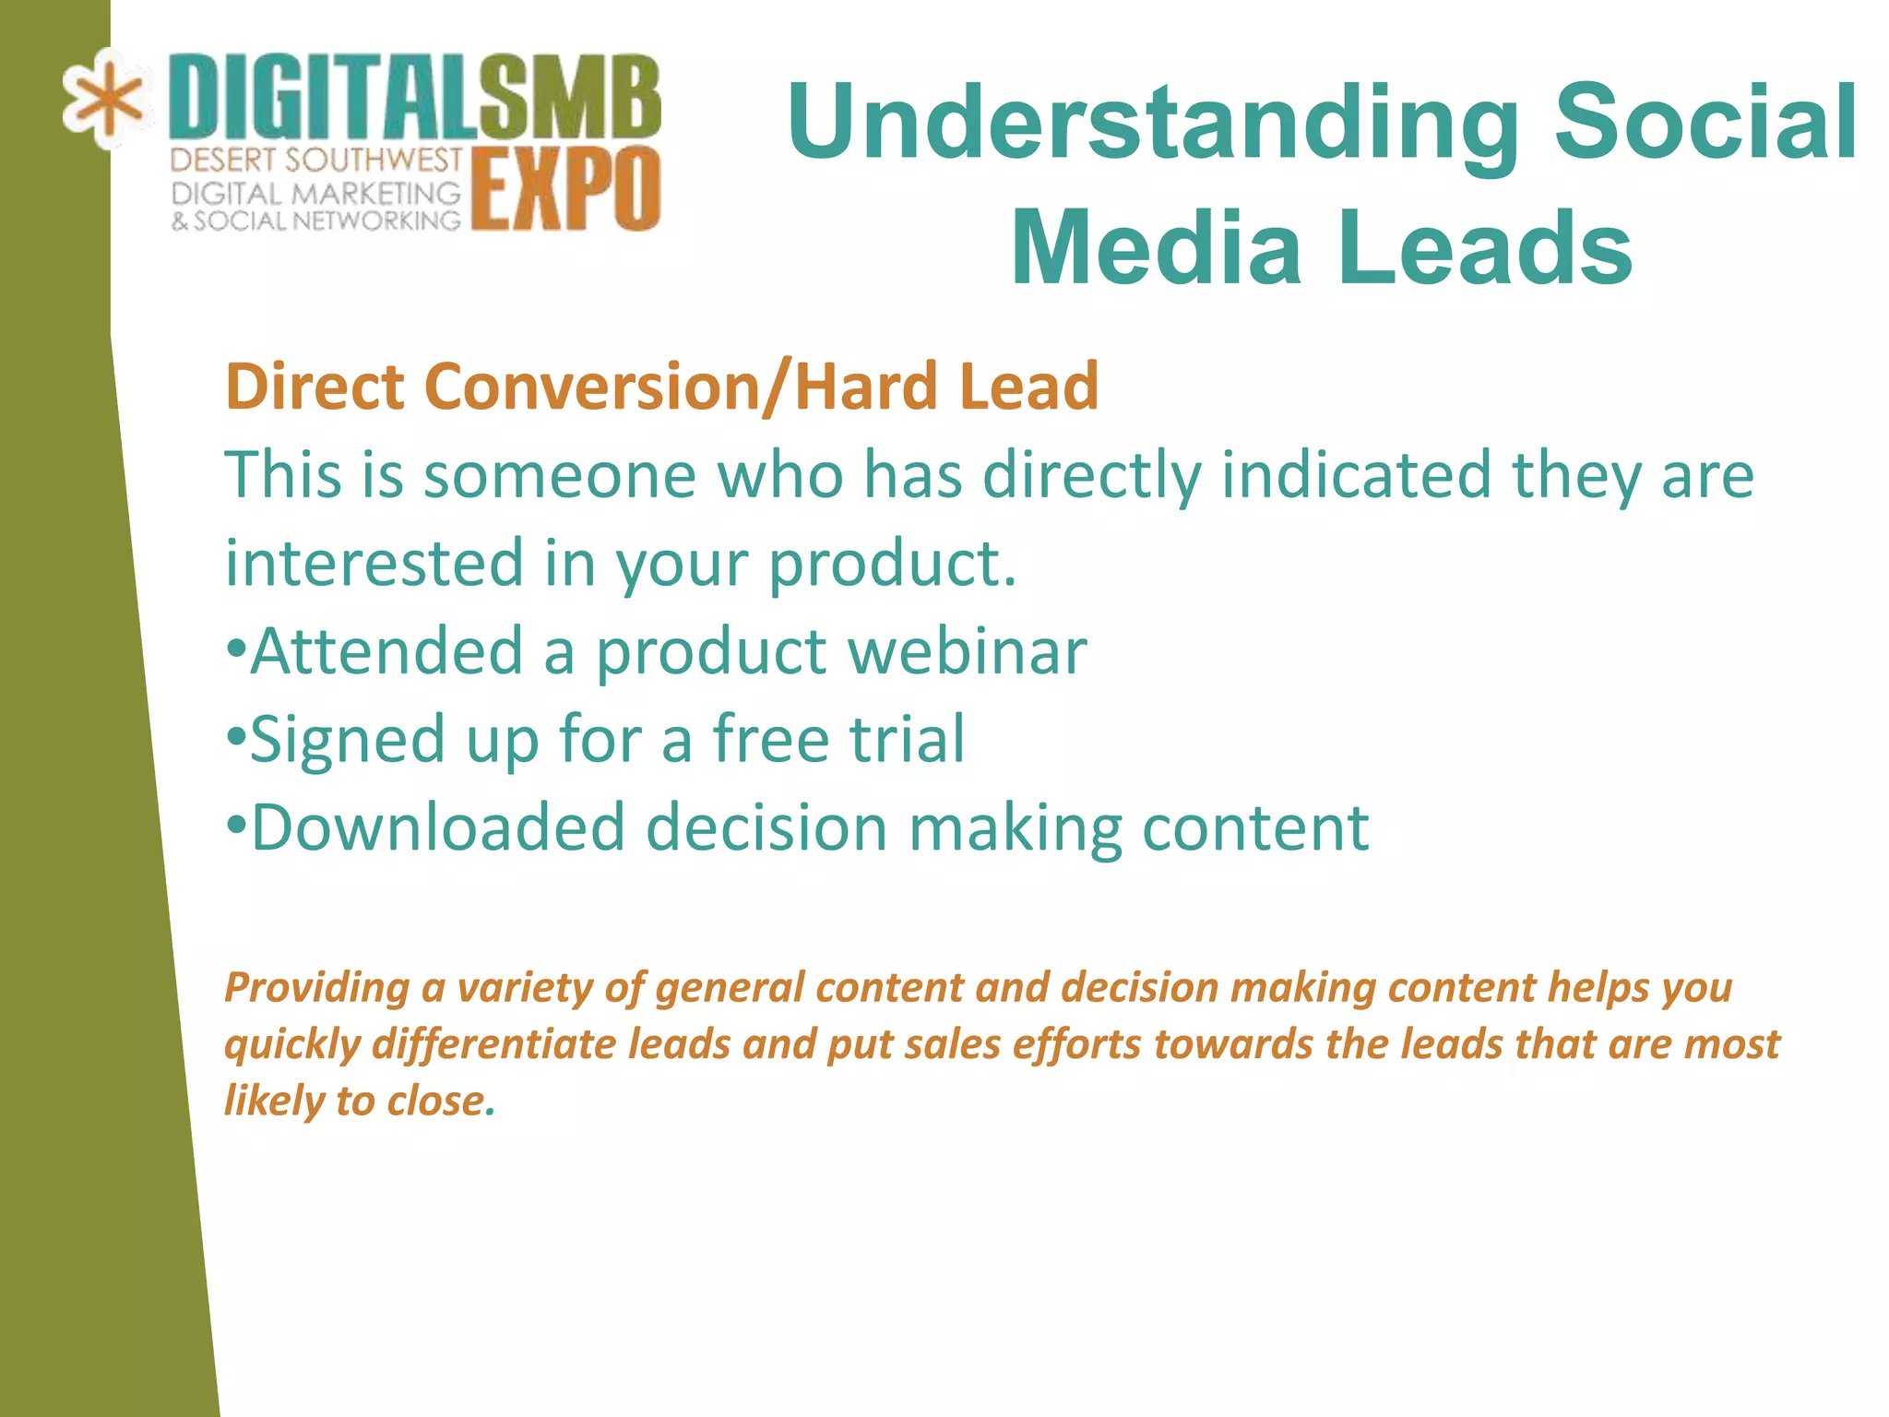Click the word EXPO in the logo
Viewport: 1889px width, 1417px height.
coord(566,189)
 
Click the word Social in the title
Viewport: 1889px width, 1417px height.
coord(1706,122)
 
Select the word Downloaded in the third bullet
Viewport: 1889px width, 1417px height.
coord(438,828)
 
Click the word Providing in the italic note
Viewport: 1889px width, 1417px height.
coord(317,988)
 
